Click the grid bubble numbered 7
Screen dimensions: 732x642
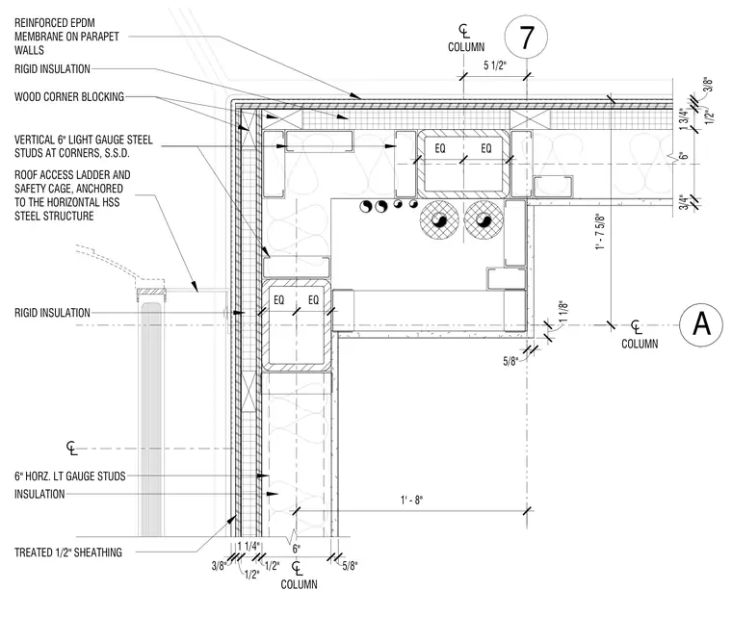pyautogui.click(x=526, y=37)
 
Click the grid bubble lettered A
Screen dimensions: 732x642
pyautogui.click(x=701, y=324)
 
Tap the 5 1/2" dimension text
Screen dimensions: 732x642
pyautogui.click(x=494, y=65)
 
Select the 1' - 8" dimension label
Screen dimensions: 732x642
pyautogui.click(x=411, y=501)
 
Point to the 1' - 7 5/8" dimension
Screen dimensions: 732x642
pyautogui.click(x=600, y=231)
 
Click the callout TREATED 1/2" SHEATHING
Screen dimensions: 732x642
pyautogui.click(x=68, y=552)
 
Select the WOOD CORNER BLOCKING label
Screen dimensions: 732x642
pyautogui.click(x=69, y=96)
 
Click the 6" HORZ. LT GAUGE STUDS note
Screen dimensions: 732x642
pyautogui.click(x=70, y=476)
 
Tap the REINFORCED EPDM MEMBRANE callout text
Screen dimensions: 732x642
pyautogui.click(x=66, y=37)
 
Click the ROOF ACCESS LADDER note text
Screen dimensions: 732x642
pyautogui.click(x=72, y=195)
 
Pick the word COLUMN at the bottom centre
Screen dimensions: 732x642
pyautogui.click(x=299, y=584)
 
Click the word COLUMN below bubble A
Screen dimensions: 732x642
pyautogui.click(x=640, y=344)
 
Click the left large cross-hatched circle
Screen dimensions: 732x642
pyautogui.click(x=439, y=219)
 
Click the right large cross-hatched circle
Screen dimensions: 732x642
pyautogui.click(x=484, y=219)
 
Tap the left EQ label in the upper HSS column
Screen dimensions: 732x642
pyautogui.click(x=440, y=148)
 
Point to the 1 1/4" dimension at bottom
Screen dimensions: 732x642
pyautogui.click(x=248, y=546)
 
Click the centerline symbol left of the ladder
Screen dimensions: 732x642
pyautogui.click(x=71, y=449)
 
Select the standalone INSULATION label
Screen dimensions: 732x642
pyautogui.click(x=39, y=494)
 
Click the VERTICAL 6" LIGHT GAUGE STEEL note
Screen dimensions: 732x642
pyautogui.click(x=84, y=146)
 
